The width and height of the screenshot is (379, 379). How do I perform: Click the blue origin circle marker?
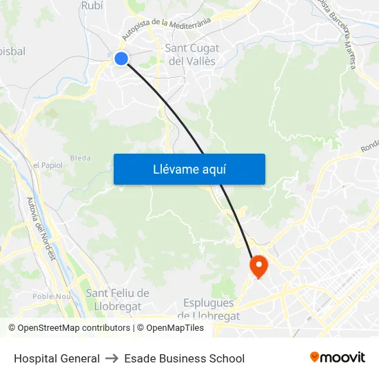pos(121,59)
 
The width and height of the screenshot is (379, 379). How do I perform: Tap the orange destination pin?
pos(258,266)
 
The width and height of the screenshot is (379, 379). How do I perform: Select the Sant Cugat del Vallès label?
pos(192,54)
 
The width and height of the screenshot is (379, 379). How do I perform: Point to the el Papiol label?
pos(48,165)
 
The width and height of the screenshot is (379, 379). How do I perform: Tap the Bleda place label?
pos(80,158)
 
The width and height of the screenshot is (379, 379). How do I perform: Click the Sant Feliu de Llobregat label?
pos(117,300)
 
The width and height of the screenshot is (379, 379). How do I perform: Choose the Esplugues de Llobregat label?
pos(209,309)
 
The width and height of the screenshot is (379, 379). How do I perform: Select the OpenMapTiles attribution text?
pos(170,328)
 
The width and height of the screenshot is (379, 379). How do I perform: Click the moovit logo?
pos(338,358)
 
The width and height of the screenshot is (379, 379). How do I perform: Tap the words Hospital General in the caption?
pos(57,358)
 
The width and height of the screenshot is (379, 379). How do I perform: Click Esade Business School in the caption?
pos(185,358)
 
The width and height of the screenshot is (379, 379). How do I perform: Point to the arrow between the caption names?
pos(112,358)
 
